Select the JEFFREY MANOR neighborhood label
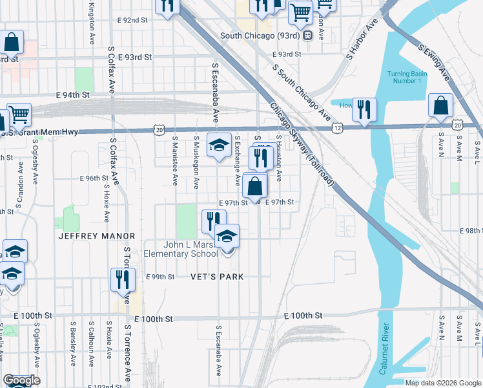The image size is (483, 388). click(x=97, y=237)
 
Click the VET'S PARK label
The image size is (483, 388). click(x=217, y=277)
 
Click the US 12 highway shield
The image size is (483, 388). click(x=338, y=129)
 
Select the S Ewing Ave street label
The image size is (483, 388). click(x=434, y=62)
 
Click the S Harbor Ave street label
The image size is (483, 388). click(x=362, y=42)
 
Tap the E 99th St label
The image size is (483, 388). click(x=161, y=277)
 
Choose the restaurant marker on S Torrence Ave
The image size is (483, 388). click(x=122, y=280)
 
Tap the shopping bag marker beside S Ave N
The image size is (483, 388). click(x=440, y=106)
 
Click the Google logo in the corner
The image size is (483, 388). click(x=21, y=380)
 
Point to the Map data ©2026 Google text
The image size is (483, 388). click(x=443, y=383)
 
